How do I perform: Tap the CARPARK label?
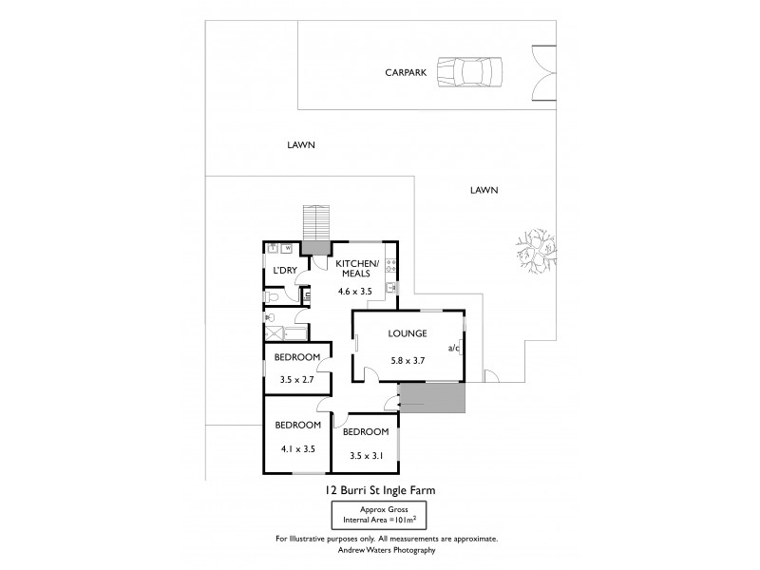click(x=405, y=72)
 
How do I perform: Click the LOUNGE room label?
click(x=407, y=333)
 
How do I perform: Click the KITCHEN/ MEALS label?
click(x=359, y=269)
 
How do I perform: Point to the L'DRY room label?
click(x=284, y=271)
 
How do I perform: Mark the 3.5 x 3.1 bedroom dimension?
click(x=365, y=455)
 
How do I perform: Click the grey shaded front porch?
click(x=432, y=399)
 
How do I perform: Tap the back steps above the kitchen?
click(x=315, y=223)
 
